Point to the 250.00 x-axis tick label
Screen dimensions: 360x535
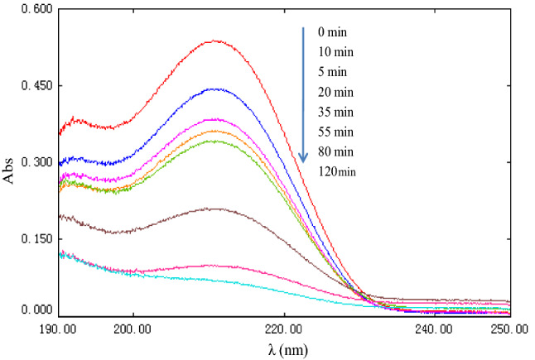click(508, 329)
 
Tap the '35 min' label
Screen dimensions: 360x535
click(334, 112)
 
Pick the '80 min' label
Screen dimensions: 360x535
click(334, 151)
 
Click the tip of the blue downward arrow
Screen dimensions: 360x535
click(304, 161)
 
